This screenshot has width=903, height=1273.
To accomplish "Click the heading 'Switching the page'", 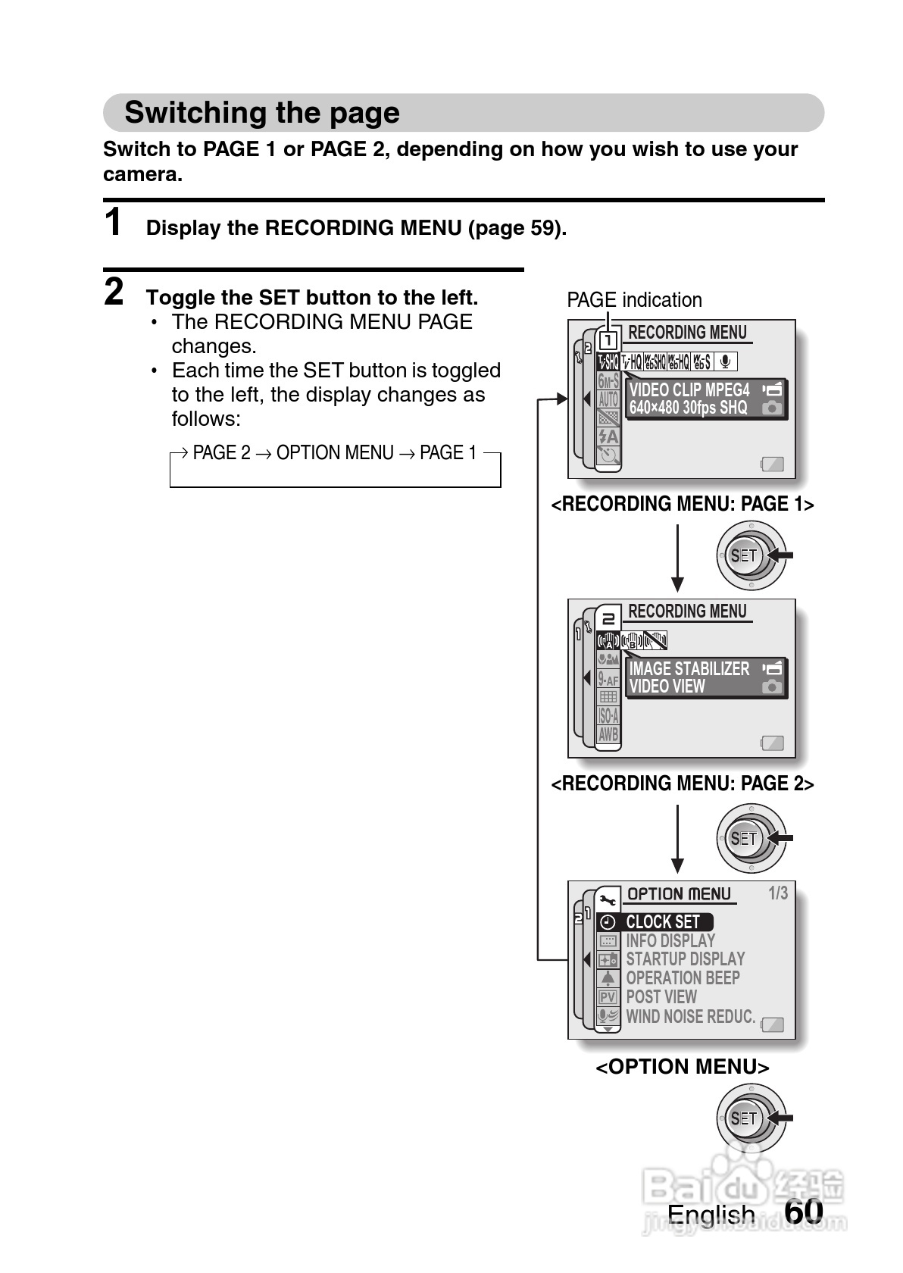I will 261,113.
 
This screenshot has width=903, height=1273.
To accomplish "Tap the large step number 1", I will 113,223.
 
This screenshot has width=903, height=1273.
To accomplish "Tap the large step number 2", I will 114,292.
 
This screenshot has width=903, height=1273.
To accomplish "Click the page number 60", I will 804,1211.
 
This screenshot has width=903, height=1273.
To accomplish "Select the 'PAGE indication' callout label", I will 634,300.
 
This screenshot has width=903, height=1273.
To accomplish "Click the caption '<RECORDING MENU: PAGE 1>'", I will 682,505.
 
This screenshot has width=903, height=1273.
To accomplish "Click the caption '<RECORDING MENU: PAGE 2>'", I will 682,784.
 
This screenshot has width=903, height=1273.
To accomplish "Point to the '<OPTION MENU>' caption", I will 682,1067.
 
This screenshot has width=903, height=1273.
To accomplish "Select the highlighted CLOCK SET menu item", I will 662,922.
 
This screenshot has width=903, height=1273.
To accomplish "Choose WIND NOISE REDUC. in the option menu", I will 690,1017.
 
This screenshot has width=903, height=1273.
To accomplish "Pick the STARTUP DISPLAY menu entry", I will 685,959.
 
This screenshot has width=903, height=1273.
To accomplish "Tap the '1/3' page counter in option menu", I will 778,893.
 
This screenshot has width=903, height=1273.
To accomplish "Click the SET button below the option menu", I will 744,1118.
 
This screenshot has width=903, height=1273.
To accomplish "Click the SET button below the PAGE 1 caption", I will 744,555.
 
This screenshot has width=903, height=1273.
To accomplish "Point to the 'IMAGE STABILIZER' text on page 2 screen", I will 689,669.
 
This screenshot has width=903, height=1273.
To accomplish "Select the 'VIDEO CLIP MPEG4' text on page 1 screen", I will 689,390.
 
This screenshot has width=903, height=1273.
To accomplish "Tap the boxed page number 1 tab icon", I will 608,340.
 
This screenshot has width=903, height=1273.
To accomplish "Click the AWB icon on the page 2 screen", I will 608,734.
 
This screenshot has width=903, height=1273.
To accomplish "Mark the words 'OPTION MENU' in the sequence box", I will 334,453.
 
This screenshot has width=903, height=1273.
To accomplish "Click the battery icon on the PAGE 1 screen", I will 772,464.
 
